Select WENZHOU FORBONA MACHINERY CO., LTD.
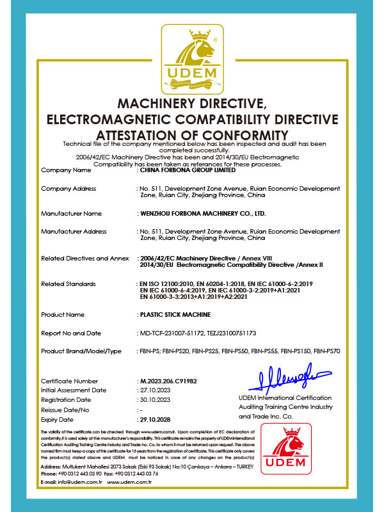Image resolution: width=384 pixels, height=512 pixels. pyautogui.click(x=202, y=212)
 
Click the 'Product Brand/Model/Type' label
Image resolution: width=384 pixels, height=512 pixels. pyautogui.click(x=81, y=351)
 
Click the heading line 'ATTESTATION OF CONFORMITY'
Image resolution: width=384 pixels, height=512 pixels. pyautogui.click(x=192, y=135)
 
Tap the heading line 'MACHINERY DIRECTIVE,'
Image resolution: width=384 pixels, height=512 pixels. pyautogui.click(x=192, y=104)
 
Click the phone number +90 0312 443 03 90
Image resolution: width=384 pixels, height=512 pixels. pyautogui.click(x=80, y=490)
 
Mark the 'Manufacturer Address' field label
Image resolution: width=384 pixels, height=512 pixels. pyautogui.click(x=74, y=231)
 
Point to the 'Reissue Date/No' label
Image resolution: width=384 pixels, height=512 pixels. pyautogui.click(x=65, y=410)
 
